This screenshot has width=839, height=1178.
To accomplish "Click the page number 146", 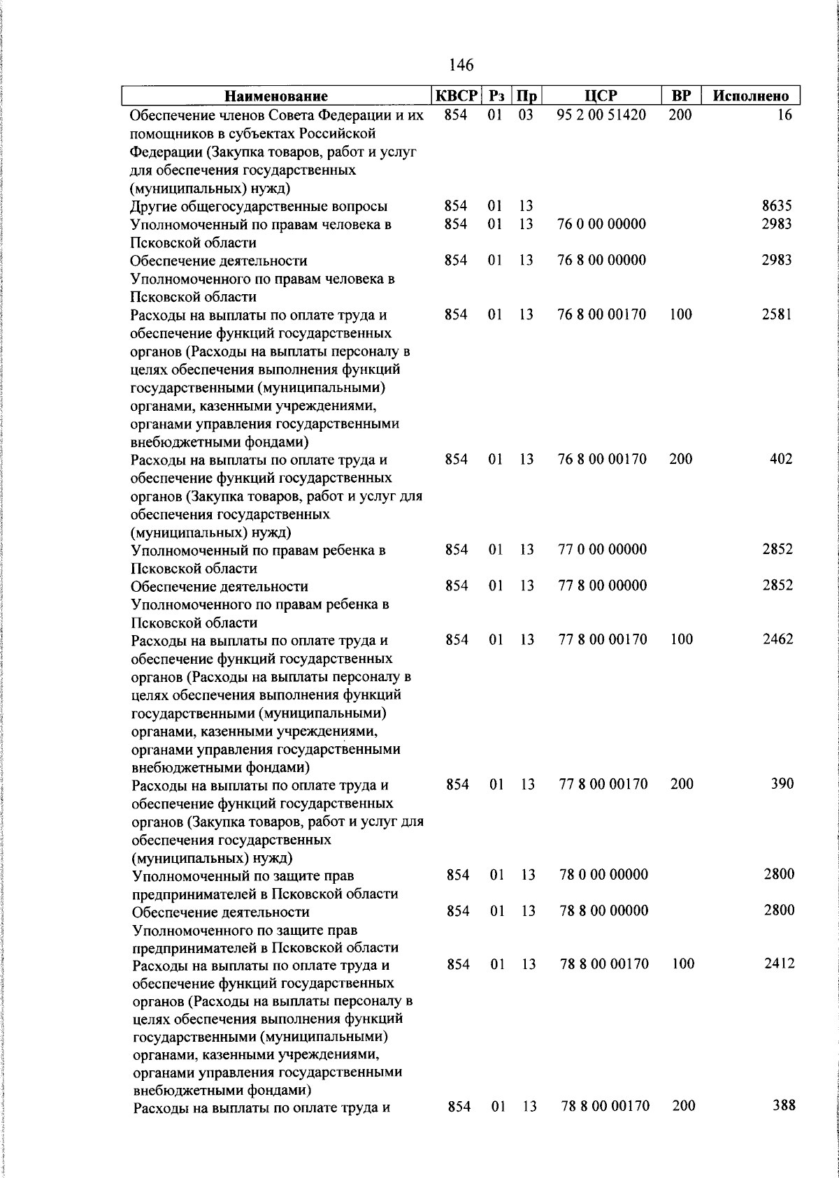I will (461, 65).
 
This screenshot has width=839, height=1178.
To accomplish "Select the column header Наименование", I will (276, 96).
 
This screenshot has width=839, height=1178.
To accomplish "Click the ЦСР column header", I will (601, 96).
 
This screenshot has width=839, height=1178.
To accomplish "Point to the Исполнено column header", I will (750, 96).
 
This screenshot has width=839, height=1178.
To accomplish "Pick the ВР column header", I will (680, 96).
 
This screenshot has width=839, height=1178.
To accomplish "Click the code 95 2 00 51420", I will (601, 115).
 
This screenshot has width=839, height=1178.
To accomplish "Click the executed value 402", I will (781, 459).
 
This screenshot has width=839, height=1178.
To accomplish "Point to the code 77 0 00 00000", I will (602, 550).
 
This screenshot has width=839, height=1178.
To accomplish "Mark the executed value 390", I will (782, 784).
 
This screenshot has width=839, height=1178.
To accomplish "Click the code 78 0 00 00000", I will (603, 875).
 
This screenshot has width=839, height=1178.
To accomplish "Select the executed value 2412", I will (779, 964).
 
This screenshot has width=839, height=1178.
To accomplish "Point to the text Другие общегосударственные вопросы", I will (259, 206).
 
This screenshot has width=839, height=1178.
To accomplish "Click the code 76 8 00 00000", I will (601, 260).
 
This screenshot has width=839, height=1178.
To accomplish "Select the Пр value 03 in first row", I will (526, 115).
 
